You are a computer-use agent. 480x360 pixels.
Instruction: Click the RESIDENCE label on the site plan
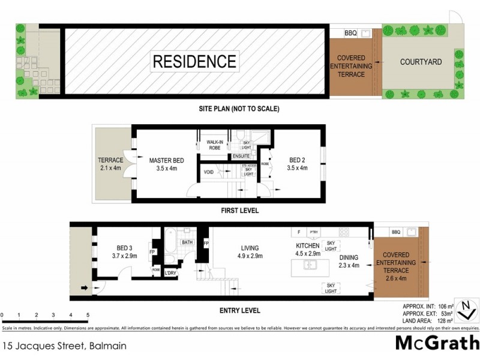[x=194, y=61]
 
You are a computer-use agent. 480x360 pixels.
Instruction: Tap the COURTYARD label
[x=421, y=62]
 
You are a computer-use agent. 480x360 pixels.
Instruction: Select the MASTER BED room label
[x=166, y=160]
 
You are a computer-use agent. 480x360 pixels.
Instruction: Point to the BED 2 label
[x=298, y=160]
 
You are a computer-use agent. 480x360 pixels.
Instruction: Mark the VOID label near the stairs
[x=209, y=172]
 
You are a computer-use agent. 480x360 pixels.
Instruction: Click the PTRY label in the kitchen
[x=313, y=232]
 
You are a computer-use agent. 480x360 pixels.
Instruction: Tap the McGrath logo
[x=437, y=344]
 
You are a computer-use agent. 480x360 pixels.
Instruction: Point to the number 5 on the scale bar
[x=88, y=315]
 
